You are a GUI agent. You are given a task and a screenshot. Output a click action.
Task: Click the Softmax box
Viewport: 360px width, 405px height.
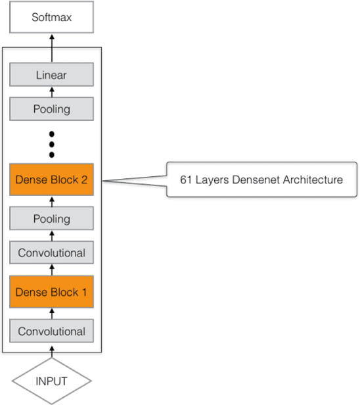[51, 17]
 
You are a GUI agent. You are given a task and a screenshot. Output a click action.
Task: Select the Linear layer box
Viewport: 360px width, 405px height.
[51, 76]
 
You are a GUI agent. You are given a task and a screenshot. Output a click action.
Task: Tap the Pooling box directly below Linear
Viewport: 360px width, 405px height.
[51, 108]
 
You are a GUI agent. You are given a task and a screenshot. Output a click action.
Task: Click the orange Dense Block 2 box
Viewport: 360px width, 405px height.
[51, 179]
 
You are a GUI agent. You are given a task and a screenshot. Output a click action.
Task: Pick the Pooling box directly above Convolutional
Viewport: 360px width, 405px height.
[51, 219]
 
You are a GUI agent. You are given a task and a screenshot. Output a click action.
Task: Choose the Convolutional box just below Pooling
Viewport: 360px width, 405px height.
[51, 252]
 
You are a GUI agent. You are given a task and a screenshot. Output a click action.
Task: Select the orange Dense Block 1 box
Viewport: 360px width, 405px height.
[51, 292]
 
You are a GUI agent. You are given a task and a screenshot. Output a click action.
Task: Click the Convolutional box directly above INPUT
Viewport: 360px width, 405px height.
[51, 331]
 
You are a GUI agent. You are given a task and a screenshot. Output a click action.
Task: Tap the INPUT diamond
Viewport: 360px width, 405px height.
[51, 381]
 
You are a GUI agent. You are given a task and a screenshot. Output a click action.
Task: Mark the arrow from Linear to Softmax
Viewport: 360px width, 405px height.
[51, 41]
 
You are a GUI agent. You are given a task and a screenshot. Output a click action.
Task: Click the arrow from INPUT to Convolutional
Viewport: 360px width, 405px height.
[51, 351]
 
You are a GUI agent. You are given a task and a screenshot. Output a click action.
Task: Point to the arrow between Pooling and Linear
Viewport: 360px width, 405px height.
[51, 92]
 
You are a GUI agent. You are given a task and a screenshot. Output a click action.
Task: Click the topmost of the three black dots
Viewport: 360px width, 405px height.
[51, 134]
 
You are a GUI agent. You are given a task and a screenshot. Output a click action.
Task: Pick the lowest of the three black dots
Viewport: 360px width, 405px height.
[51, 155]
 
